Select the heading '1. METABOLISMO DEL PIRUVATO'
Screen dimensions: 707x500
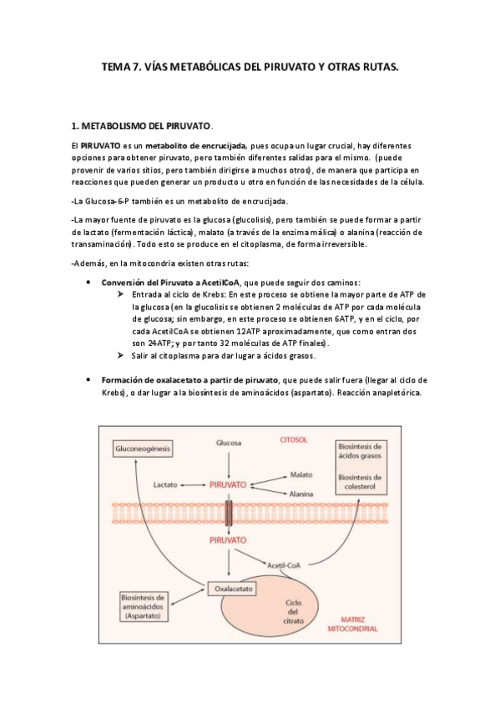[142, 126]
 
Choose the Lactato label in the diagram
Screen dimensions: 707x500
[167, 484]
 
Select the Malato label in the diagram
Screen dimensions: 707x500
[301, 474]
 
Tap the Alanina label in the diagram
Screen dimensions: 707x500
[302, 494]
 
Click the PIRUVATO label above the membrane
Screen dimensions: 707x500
[228, 484]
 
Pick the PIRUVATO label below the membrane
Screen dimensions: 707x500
[228, 541]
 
